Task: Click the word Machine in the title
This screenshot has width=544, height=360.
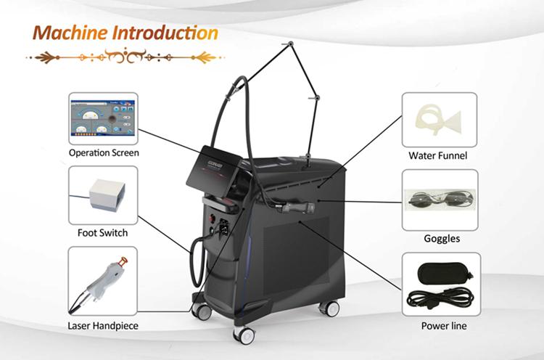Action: pyautogui.click(x=70, y=33)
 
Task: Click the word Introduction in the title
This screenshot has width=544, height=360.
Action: pyautogui.click(x=166, y=33)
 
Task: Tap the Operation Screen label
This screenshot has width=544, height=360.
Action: pyautogui.click(x=104, y=152)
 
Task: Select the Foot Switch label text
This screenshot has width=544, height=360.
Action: pyautogui.click(x=103, y=232)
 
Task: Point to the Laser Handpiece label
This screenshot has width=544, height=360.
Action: pyautogui.click(x=103, y=326)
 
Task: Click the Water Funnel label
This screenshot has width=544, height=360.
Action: pyautogui.click(x=438, y=155)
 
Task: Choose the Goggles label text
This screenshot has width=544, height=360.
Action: pyautogui.click(x=442, y=239)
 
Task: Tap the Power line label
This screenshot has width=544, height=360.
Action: pyautogui.click(x=444, y=326)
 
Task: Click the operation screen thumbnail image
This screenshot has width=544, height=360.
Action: pyautogui.click(x=103, y=118)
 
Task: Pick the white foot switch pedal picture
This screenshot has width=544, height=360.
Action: pyautogui.click(x=107, y=194)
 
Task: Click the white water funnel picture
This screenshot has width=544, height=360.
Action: pyautogui.click(x=437, y=119)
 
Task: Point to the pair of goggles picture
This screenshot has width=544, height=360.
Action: pyautogui.click(x=440, y=200)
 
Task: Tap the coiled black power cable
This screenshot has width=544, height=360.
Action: pyautogui.click(x=440, y=298)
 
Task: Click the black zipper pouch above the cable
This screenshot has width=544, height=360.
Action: pyautogui.click(x=445, y=272)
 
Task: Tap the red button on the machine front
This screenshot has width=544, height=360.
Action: pyautogui.click(x=211, y=218)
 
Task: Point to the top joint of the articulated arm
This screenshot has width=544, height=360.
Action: pyautogui.click(x=290, y=44)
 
